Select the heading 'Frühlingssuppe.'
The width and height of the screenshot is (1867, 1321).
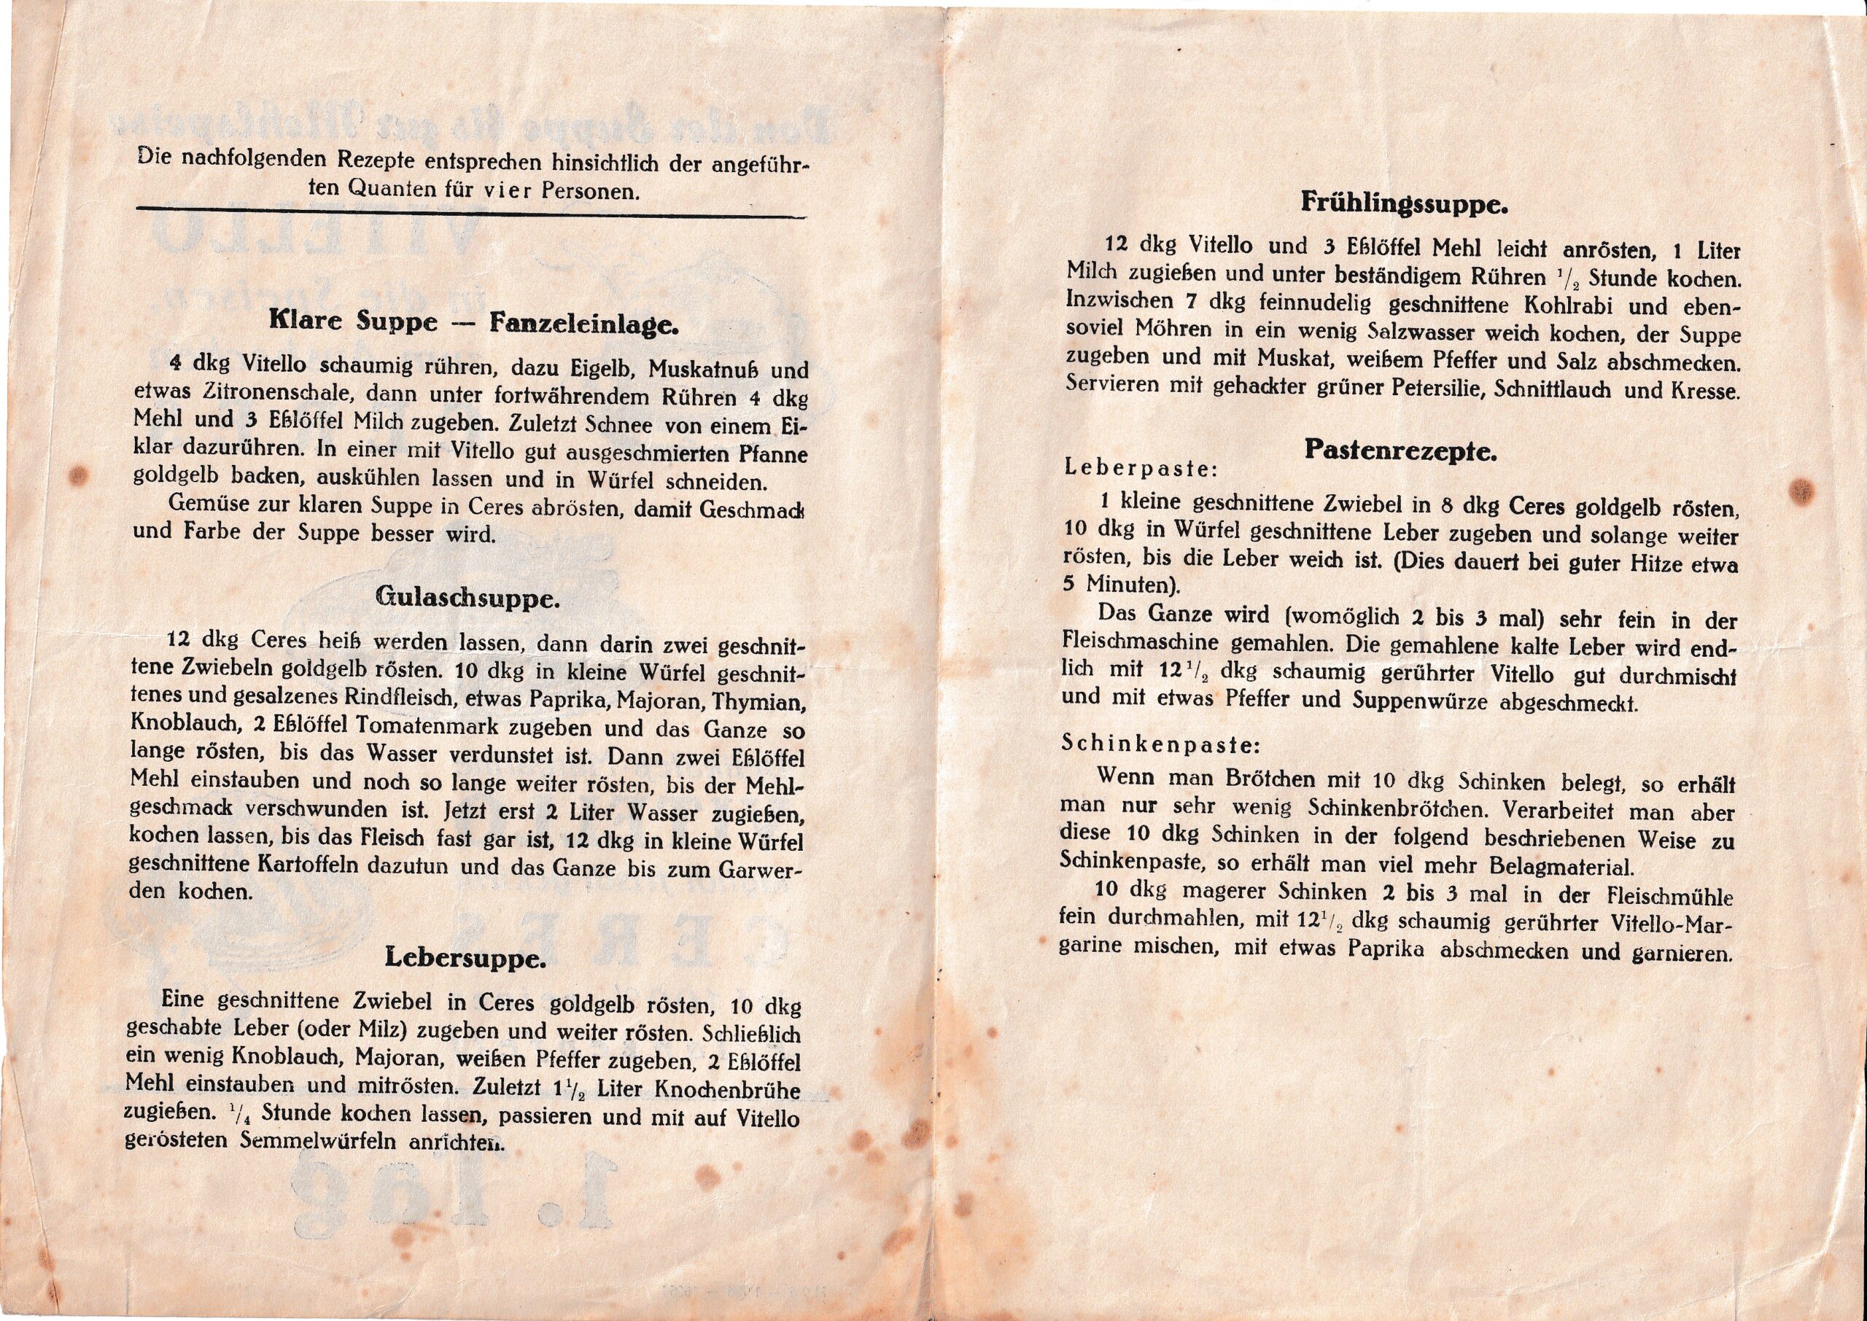pos(1405,203)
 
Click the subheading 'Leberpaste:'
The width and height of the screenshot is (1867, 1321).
pos(1141,469)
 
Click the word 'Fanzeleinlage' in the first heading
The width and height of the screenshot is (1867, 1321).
pos(583,324)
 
